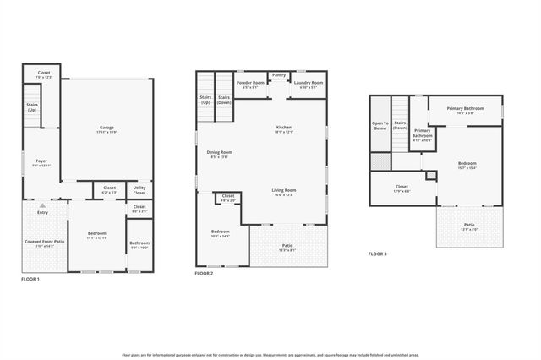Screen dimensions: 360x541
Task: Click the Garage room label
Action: [x=107, y=129]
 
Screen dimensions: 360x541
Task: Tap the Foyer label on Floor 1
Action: [x=41, y=162]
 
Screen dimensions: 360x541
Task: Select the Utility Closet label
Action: [x=139, y=191]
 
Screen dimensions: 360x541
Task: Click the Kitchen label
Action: [x=283, y=129]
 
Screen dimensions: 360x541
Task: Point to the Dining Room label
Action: [x=220, y=154]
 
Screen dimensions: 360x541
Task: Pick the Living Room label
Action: [x=283, y=192]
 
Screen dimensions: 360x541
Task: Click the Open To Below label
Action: [x=380, y=126]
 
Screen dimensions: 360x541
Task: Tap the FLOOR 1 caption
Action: [x=30, y=278]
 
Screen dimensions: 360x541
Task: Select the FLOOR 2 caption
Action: [x=204, y=273]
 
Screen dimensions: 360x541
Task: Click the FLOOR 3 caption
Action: [x=377, y=254]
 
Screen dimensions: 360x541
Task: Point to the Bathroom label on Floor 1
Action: [x=139, y=245]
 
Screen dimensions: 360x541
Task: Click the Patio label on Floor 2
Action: [x=287, y=248]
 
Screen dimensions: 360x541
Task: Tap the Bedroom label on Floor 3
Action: [x=467, y=165]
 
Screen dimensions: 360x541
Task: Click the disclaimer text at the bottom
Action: [x=270, y=355]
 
